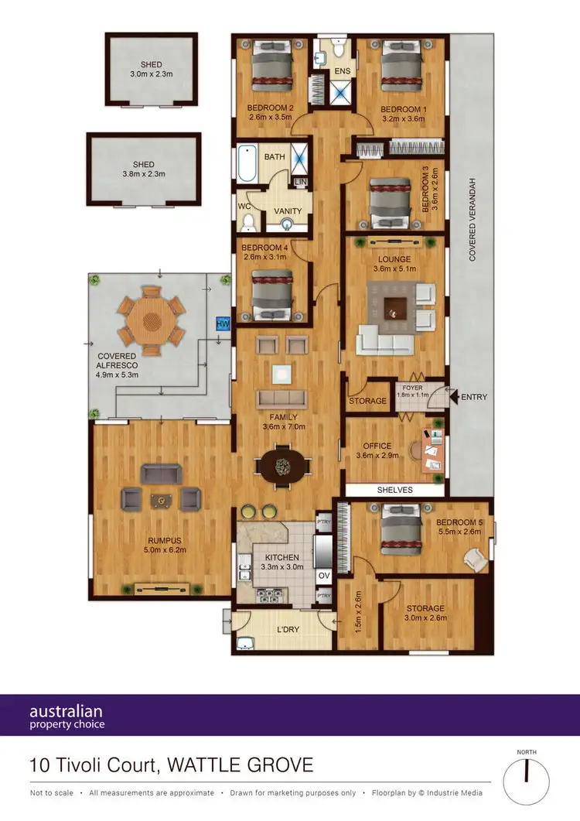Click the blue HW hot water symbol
pyautogui.click(x=223, y=323)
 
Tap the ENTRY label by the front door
pyautogui.click(x=473, y=398)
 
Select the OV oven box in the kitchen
pyautogui.click(x=324, y=576)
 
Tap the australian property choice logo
pyautogui.click(x=67, y=717)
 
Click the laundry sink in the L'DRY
pyautogui.click(x=247, y=643)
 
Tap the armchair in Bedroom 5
pyautogui.click(x=474, y=557)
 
